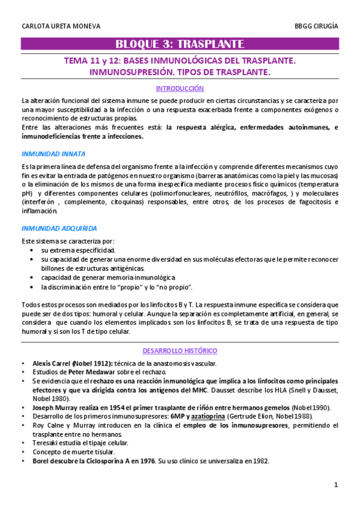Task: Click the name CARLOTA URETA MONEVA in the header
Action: pyautogui.click(x=61, y=26)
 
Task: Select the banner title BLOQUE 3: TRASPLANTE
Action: pyautogui.click(x=180, y=44)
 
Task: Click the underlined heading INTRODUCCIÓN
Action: pyautogui.click(x=180, y=88)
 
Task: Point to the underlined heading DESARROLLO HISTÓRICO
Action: pyautogui.click(x=180, y=351)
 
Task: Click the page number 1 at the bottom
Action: pyautogui.click(x=337, y=484)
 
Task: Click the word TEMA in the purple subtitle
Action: pyautogui.click(x=78, y=61)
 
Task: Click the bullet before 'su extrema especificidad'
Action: pyautogui.click(x=31, y=250)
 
